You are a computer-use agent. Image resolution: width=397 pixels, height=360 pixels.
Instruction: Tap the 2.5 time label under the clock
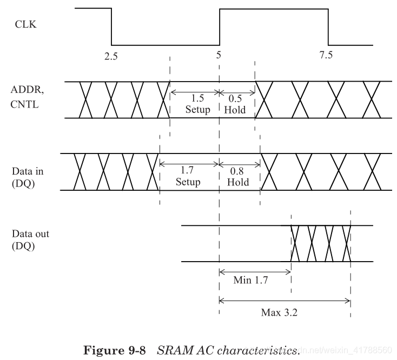[111, 57]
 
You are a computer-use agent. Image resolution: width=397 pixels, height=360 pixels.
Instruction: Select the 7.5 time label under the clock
[326, 56]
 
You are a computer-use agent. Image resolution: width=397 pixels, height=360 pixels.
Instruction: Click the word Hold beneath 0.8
[238, 182]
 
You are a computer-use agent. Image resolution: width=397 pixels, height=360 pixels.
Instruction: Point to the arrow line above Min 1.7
[255, 271]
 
